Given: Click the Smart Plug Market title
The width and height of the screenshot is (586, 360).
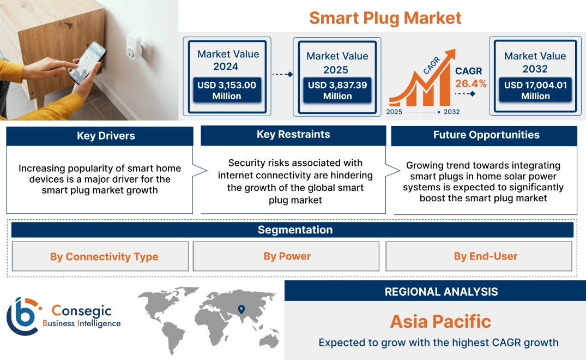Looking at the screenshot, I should point(385,18).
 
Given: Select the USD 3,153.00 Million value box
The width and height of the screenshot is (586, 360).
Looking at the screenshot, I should point(226,91).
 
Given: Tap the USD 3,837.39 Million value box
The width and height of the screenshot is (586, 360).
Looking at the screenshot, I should point(337,91).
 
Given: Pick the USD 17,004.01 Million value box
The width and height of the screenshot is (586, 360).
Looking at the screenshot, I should point(535,91).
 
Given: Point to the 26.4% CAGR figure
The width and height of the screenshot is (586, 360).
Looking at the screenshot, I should point(471,84).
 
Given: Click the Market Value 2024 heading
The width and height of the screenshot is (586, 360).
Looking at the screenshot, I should point(226,60).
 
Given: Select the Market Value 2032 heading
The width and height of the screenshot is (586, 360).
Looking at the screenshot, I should point(535,62).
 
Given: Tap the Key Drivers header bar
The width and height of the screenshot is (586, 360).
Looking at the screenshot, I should point(100,136).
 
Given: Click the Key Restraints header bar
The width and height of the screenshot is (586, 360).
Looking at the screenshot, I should point(293,135).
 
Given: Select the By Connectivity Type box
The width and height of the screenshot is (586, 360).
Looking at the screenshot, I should point(100,256).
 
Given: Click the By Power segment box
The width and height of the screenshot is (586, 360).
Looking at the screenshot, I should point(286,256).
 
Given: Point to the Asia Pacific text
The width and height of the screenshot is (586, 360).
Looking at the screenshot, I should point(440,321).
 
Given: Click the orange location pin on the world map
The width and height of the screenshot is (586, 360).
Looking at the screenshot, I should point(240,310).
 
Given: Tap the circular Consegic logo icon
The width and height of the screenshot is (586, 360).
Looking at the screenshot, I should point(23,316).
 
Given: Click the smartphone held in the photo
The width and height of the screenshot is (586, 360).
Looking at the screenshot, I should point(88,63).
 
